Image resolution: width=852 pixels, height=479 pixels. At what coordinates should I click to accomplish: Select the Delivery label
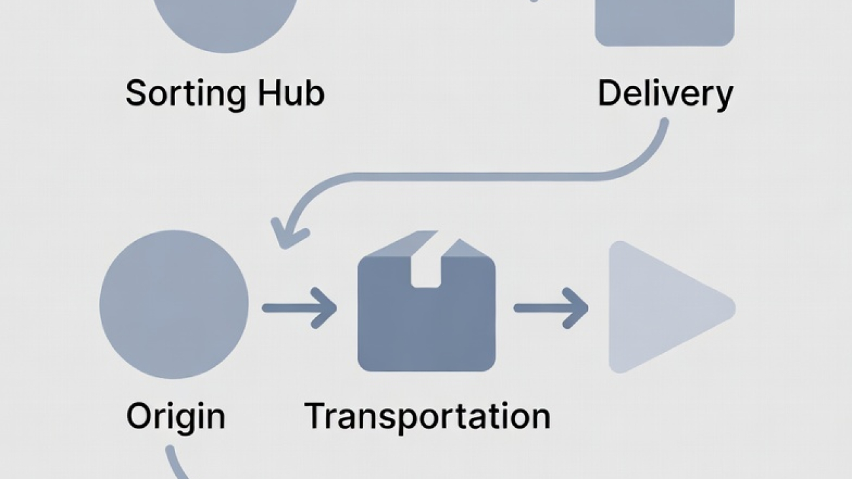tap(665, 94)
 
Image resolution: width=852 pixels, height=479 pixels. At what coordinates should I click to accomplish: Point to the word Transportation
tap(427, 415)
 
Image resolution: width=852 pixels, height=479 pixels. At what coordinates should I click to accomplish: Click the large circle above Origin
tap(174, 304)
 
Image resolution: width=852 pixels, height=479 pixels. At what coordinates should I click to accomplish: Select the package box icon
tap(426, 315)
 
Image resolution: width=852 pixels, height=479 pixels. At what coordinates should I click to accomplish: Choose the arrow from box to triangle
tap(551, 307)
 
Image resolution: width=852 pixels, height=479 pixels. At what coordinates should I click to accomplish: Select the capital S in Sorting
tap(136, 93)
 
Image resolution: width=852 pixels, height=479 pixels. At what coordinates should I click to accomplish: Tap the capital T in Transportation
tap(318, 415)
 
